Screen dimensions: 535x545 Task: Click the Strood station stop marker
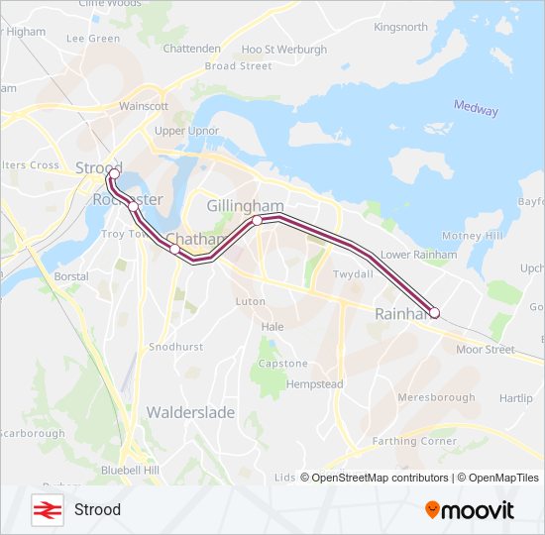(x=113, y=174)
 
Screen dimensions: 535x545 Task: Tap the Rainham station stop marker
(x=434, y=313)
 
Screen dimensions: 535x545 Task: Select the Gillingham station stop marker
(x=257, y=221)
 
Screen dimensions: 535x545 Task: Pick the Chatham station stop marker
(x=175, y=250)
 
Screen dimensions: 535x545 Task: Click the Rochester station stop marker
(x=134, y=206)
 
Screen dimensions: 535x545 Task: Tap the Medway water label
(x=476, y=108)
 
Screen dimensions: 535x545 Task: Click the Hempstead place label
(x=314, y=383)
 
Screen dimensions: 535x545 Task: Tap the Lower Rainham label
(x=419, y=255)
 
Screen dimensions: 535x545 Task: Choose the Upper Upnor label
(x=187, y=131)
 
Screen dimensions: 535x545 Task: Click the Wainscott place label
(x=144, y=106)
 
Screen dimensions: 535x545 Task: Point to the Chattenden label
(x=192, y=48)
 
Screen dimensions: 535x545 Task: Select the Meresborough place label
(x=436, y=397)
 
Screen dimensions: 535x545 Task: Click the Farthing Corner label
(x=414, y=441)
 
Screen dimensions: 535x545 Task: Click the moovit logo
(x=470, y=510)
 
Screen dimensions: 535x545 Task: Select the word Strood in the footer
(x=97, y=509)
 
